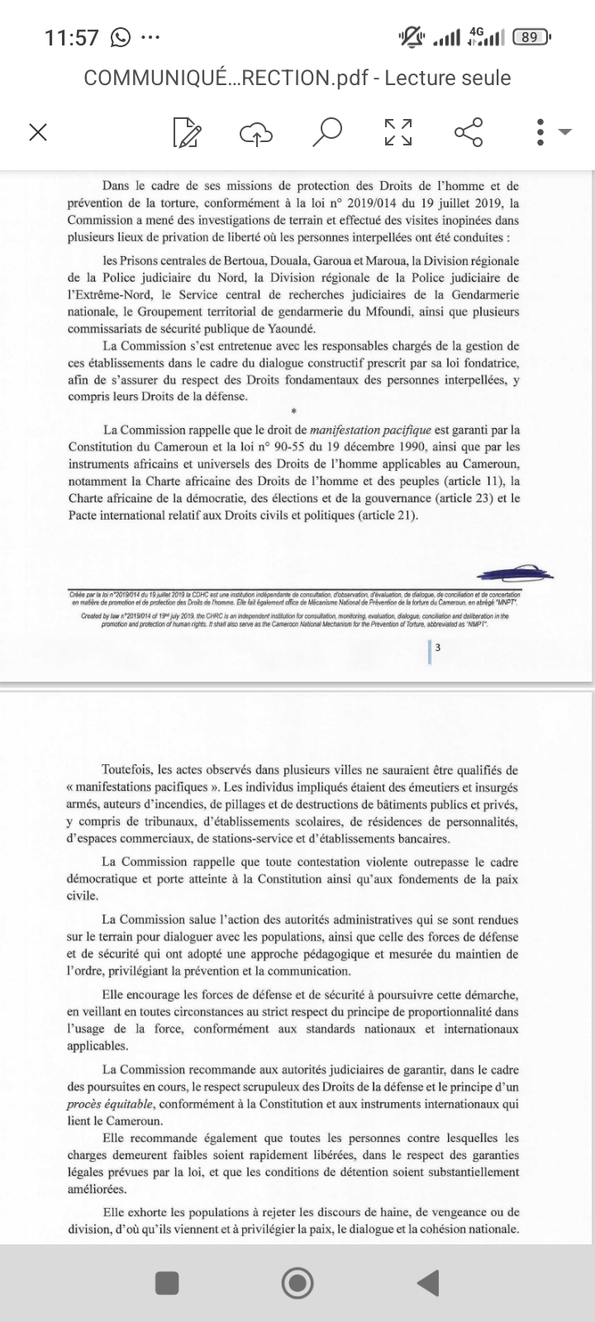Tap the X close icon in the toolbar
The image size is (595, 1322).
coord(37,132)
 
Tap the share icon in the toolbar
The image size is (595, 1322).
coord(468,132)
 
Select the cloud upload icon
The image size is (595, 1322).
coord(256,132)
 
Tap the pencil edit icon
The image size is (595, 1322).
coord(187,132)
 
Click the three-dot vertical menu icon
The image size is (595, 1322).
coord(540,132)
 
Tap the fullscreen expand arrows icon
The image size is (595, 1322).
coord(398,132)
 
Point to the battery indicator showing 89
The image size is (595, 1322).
coord(531,37)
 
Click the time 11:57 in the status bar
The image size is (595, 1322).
coord(72,37)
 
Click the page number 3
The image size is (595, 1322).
coord(437,648)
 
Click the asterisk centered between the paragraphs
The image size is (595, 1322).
coord(293,411)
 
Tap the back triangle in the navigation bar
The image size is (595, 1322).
coord(427,1282)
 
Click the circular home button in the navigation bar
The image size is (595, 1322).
coord(297,1282)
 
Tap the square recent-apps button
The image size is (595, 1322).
coord(167,1282)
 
